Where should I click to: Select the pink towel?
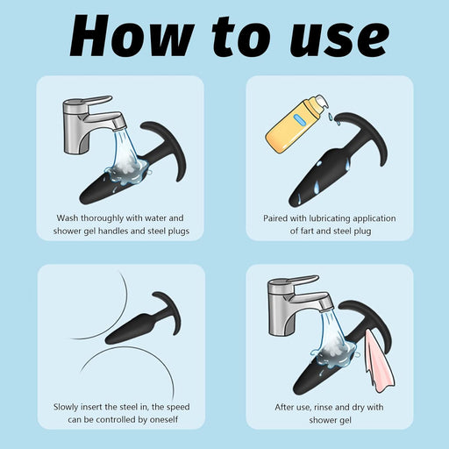coord(379,360)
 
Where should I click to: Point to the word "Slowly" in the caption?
coord(66,407)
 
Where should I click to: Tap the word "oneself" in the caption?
coord(164,420)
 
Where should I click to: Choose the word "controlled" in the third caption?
coord(116,420)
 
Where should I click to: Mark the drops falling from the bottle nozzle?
coord(331,117)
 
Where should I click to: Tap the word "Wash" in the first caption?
coord(68,218)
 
